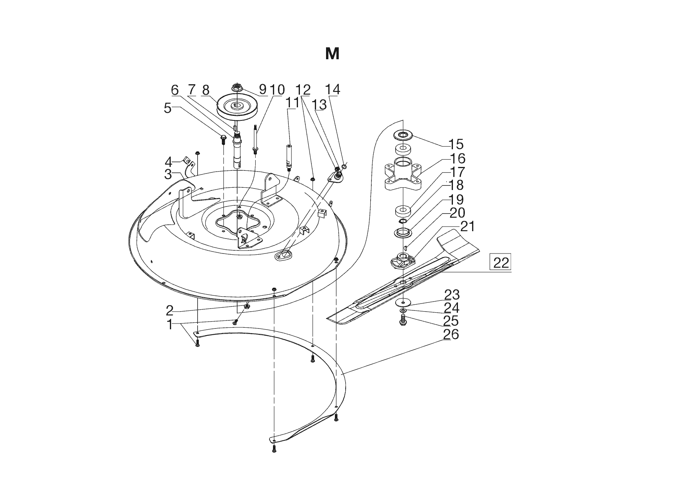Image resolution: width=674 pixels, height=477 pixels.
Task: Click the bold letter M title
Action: [332, 54]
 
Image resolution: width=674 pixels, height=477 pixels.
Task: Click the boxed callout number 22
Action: [501, 263]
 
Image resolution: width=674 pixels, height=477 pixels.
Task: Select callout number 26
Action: [451, 334]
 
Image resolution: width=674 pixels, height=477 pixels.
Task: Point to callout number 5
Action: [168, 108]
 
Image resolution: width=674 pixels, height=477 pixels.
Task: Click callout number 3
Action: [168, 174]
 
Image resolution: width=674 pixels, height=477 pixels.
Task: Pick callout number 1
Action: [170, 325]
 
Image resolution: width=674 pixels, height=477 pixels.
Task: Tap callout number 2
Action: [170, 310]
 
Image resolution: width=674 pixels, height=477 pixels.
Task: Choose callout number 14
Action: [333, 90]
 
